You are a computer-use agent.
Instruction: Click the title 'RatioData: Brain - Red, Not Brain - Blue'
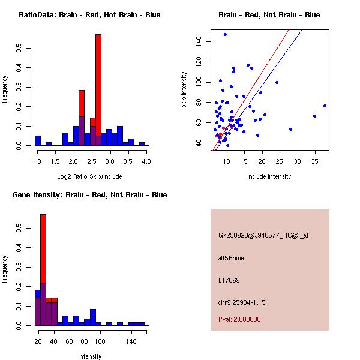89,15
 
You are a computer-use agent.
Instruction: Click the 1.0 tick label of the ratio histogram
37,161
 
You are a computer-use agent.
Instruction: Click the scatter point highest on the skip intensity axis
225,34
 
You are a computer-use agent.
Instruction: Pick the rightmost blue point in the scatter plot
325,106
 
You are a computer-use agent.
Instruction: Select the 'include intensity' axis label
269,176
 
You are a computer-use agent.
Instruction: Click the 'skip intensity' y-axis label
185,90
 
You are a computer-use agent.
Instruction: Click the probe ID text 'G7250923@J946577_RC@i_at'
263,236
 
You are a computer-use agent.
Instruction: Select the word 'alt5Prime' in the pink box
231,258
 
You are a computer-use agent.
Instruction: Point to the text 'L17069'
229,280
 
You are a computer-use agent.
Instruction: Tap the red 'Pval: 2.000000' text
239,319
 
